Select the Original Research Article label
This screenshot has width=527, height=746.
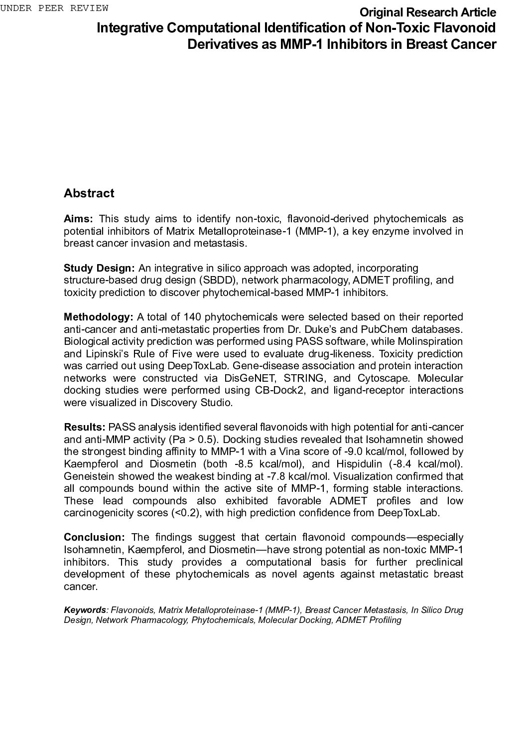point(427,12)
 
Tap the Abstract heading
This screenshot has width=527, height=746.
point(89,193)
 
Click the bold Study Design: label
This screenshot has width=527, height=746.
point(99,268)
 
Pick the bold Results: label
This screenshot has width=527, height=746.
point(85,427)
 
